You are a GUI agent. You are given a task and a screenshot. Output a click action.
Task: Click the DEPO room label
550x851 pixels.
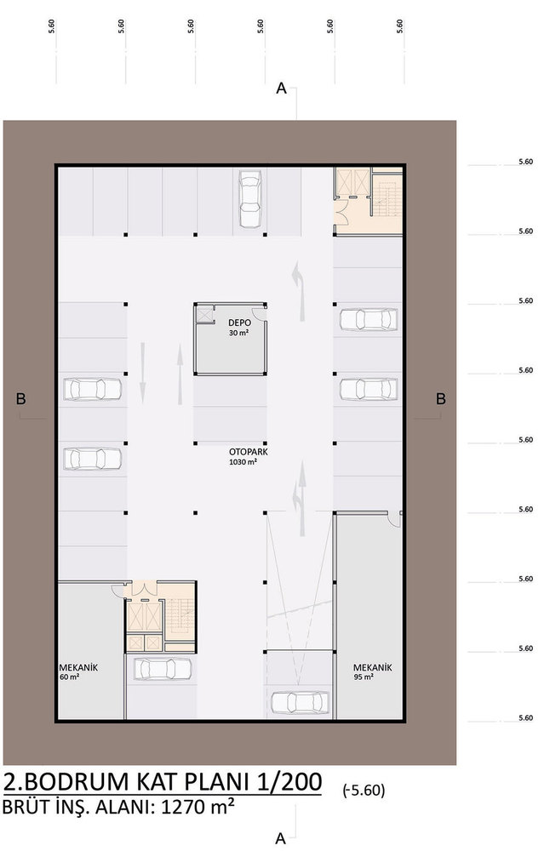pyautogui.click(x=239, y=328)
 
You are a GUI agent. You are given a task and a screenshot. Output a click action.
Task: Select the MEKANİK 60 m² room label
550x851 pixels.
pyautogui.click(x=78, y=672)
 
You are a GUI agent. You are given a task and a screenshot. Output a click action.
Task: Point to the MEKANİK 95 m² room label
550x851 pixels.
pyautogui.click(x=372, y=672)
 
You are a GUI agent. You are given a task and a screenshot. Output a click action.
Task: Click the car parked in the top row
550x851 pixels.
pyautogui.click(x=250, y=199)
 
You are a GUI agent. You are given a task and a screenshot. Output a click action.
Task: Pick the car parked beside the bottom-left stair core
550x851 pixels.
pyautogui.click(x=163, y=669)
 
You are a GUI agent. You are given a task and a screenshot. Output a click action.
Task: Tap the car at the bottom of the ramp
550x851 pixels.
pyautogui.click(x=301, y=703)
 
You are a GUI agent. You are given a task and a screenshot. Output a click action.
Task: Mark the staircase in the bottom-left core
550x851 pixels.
pyautogui.click(x=180, y=616)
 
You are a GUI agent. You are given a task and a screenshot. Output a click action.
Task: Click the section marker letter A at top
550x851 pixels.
pyautogui.click(x=281, y=88)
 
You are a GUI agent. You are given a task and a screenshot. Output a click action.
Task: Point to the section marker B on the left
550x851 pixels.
pyautogui.click(x=20, y=399)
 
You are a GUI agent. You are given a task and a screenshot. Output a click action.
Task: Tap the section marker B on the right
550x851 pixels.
pyautogui.click(x=441, y=399)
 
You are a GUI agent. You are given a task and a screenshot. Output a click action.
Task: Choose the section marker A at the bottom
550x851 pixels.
pyautogui.click(x=281, y=838)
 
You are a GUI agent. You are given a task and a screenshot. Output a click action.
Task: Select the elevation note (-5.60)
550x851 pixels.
pyautogui.click(x=364, y=791)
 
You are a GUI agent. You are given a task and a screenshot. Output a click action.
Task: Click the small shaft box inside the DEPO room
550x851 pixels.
pyautogui.click(x=205, y=315)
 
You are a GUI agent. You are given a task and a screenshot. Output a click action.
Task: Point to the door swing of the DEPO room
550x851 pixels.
pyautogui.click(x=261, y=314)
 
